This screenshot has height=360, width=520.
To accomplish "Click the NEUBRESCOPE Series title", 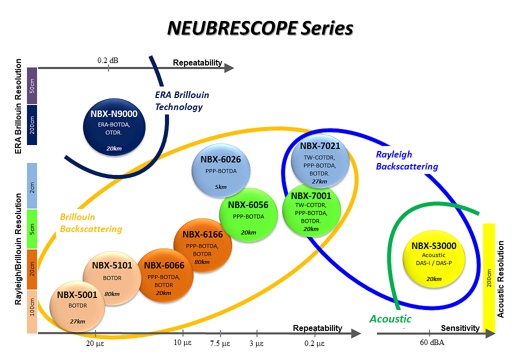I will coord(259,28).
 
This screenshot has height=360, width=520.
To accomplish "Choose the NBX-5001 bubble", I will coord(77,305).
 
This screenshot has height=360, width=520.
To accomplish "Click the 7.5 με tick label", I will coord(220,343).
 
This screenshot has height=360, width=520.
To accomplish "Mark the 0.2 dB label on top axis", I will coord(108,61).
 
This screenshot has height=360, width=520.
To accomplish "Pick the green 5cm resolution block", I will coord(32,228).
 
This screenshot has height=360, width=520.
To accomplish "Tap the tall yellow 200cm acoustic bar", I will coord(489,277).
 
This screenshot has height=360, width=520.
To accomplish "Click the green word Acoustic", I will coord(390,319).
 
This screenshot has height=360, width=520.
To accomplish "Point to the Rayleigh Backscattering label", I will coord(407,160).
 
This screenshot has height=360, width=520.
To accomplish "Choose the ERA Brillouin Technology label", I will coord(181,100).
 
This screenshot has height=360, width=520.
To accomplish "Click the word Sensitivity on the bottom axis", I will coord(460,328).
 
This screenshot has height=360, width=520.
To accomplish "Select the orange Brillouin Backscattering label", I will coord(90,223).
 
